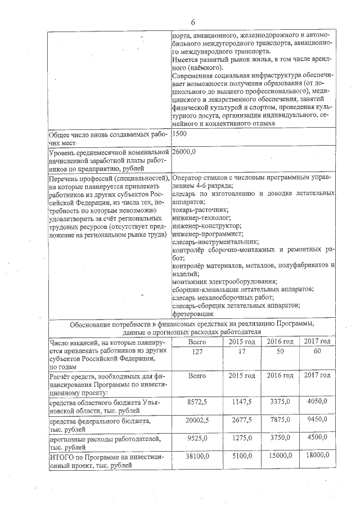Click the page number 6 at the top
[193, 22]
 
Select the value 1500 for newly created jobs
[181, 133]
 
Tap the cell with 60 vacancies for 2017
[316, 352]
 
